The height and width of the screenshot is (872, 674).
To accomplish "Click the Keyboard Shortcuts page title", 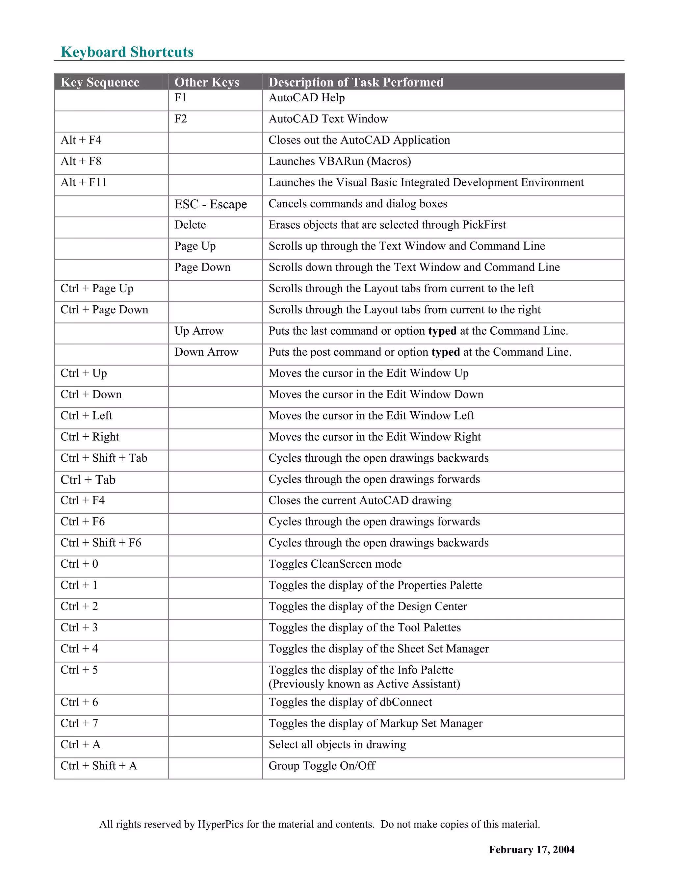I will (127, 52).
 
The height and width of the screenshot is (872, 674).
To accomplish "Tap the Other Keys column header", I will (206, 82).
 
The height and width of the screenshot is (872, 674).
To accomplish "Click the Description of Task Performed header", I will (356, 82).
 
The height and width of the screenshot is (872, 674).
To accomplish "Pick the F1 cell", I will (180, 98).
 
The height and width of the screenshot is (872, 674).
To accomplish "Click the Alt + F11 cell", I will (84, 183).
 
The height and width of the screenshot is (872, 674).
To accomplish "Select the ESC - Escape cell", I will (210, 204).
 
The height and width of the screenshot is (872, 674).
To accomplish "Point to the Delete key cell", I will (190, 225).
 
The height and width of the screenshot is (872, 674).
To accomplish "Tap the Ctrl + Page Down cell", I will (104, 310).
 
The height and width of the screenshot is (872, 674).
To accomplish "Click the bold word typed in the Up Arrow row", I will (442, 331).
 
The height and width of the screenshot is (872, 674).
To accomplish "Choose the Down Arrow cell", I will (206, 352).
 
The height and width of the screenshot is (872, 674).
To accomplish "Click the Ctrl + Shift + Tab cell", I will (104, 458).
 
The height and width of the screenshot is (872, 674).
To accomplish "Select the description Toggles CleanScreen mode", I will (335, 564).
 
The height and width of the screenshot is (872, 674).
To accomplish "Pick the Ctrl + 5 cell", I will (79, 670).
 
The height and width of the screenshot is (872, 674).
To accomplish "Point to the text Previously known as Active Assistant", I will (364, 684).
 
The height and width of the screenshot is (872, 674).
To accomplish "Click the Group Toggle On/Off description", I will (322, 766).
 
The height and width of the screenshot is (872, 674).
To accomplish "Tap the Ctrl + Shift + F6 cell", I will (101, 543).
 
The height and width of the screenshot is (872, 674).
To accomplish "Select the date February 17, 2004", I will (531, 850).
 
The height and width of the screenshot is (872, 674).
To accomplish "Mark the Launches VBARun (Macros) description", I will (339, 161).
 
